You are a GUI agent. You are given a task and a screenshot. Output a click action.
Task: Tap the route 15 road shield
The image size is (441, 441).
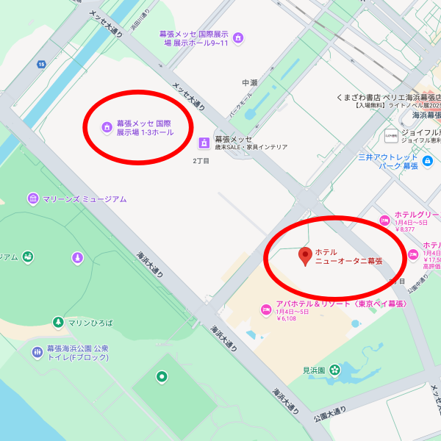41,65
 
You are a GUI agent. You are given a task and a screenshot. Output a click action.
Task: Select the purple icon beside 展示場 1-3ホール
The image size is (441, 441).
107,128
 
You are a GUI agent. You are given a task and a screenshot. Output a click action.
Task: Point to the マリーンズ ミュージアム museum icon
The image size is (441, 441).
33,198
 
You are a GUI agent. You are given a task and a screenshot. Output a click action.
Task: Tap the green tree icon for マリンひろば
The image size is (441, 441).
58,322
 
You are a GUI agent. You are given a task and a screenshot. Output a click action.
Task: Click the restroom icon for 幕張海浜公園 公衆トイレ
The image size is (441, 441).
37,353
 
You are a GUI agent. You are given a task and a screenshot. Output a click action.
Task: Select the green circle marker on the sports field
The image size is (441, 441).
162,377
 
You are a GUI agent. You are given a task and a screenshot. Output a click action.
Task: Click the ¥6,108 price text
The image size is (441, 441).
287,319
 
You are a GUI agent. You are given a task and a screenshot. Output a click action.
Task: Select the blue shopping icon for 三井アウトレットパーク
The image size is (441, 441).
427,159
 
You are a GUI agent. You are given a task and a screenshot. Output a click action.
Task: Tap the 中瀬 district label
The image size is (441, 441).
251,82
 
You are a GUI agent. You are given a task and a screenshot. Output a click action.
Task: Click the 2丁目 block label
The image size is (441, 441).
201,160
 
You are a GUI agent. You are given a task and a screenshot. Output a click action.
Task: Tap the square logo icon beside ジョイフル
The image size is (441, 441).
390,135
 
